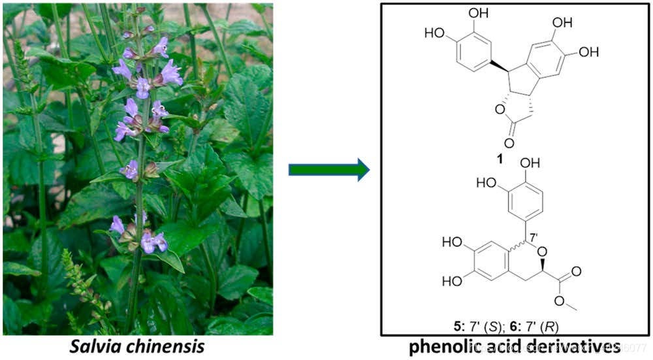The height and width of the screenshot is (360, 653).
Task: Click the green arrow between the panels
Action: [x=328, y=171]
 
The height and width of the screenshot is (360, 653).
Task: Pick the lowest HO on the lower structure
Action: [x=453, y=281]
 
